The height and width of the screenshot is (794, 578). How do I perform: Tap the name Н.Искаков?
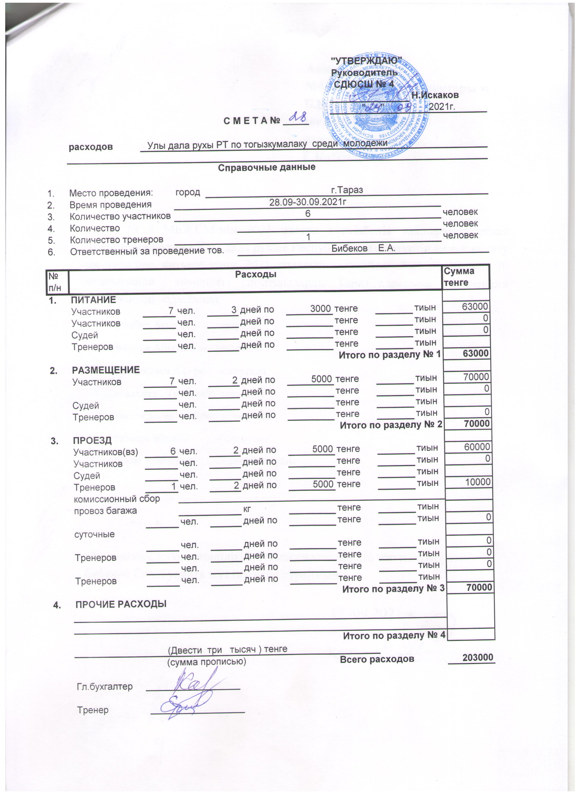tap(435, 95)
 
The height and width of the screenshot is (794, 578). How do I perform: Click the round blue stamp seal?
tap(374, 105)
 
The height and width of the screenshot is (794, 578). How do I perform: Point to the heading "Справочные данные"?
tap(267, 167)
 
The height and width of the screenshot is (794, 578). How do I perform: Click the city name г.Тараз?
tap(347, 190)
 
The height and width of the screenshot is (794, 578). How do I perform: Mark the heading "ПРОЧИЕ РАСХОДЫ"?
tap(121, 604)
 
